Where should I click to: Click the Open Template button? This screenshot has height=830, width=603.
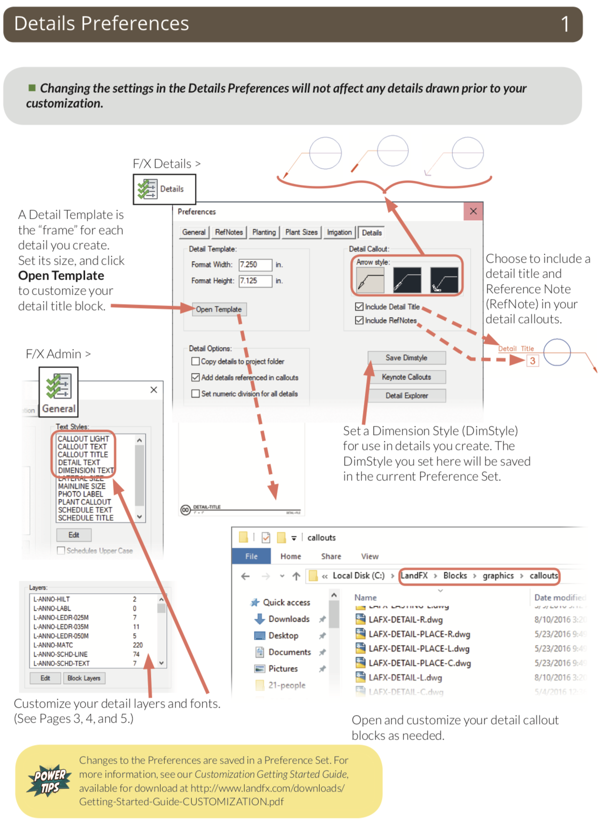[x=219, y=310]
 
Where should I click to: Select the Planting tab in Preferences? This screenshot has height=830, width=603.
[x=264, y=232]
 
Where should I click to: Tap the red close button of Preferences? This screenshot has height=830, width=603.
[x=473, y=211]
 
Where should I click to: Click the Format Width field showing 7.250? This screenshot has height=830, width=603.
[x=255, y=265]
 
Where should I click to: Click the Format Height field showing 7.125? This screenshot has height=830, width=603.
[x=255, y=281]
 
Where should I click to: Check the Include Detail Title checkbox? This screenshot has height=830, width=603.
[x=359, y=307]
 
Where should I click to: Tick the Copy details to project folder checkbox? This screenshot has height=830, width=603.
[x=196, y=361]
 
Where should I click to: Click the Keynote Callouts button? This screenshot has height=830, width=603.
[x=406, y=377]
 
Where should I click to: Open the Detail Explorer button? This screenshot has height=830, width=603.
[x=406, y=396]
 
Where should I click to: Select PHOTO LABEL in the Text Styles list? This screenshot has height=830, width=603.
[x=80, y=494]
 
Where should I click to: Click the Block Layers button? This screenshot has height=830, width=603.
[x=84, y=678]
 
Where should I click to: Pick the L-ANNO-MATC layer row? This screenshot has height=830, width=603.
[x=53, y=645]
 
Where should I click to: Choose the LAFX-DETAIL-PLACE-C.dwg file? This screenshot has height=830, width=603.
[x=419, y=663]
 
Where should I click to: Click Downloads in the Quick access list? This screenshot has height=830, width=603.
[x=288, y=619]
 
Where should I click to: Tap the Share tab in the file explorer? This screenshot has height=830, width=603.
[x=331, y=556]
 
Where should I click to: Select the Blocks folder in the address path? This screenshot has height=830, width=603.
[x=455, y=576]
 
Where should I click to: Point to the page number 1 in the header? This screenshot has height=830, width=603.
[x=565, y=24]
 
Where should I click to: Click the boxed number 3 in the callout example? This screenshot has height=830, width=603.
[x=532, y=361]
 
